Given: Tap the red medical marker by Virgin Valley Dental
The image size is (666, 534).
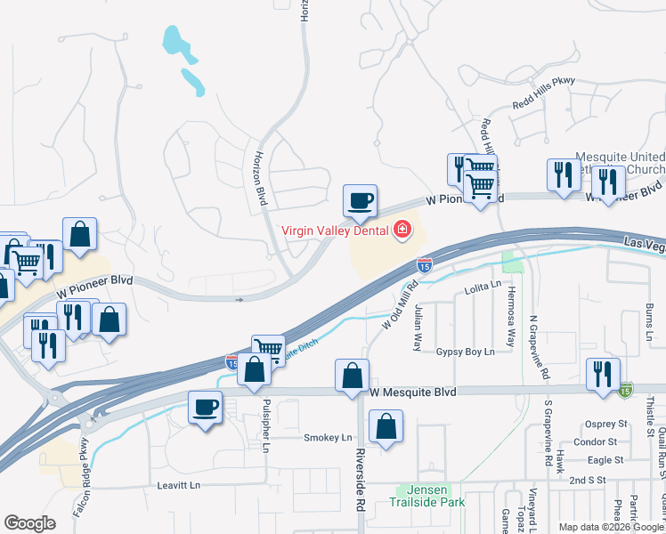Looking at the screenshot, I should tap(402, 231).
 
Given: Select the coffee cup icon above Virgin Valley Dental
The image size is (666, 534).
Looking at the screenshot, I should tap(361, 201).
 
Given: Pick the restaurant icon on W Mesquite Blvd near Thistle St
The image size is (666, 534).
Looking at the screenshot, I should tap(603, 376).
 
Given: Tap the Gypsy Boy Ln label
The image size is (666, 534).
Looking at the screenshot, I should tap(465, 352).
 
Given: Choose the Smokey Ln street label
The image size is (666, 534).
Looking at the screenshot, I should tap(328, 438).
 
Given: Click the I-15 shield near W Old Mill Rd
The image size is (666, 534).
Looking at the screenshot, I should tap(425, 264).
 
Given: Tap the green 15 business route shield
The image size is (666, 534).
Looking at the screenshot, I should tap(627, 389).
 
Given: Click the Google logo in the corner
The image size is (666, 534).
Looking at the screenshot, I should tap(29, 523).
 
